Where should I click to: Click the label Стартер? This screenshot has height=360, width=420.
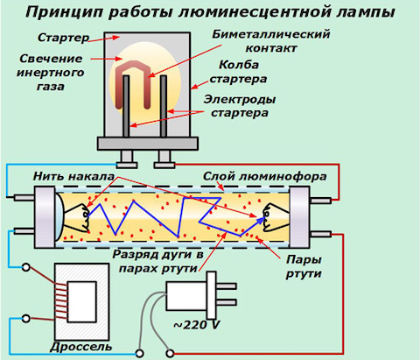(63, 38)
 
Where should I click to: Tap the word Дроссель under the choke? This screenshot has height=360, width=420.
(81, 347)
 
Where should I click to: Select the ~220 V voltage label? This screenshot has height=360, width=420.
(197, 325)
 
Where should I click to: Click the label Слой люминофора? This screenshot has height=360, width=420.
(264, 176)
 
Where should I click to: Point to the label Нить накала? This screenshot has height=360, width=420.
(73, 176)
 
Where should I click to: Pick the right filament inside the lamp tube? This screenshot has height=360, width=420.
(276, 217)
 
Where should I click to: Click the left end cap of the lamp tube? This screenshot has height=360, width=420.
(45, 217)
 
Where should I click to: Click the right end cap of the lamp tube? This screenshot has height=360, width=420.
(299, 217)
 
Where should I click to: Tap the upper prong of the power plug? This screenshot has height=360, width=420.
(226, 286)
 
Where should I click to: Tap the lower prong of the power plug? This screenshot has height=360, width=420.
(226, 302)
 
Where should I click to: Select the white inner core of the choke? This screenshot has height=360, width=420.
(81, 301)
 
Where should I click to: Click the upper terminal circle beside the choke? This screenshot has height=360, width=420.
(26, 267)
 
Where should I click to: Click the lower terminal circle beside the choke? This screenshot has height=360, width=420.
(26, 319)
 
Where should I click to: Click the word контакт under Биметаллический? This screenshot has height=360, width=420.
(271, 48)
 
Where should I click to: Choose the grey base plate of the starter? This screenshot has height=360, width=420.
(148, 144)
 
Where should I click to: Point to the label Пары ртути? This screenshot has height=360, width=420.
(304, 266)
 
